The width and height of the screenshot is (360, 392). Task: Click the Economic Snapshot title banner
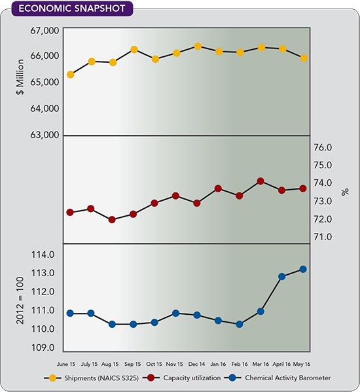point(67,9)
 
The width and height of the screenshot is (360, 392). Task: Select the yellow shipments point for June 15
point(70,75)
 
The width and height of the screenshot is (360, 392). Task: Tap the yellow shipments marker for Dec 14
point(197,46)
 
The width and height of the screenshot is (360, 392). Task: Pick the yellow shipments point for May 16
point(303,58)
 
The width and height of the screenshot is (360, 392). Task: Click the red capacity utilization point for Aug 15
point(112,220)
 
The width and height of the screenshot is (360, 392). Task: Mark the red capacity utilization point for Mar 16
point(261,181)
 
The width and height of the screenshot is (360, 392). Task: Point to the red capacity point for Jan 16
point(218,188)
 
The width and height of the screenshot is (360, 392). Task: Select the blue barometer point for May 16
point(303,269)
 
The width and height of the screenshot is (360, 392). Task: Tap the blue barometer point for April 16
point(282,276)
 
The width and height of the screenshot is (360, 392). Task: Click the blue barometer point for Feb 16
point(240,324)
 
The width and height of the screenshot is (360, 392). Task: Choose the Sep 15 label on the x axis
point(134,363)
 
